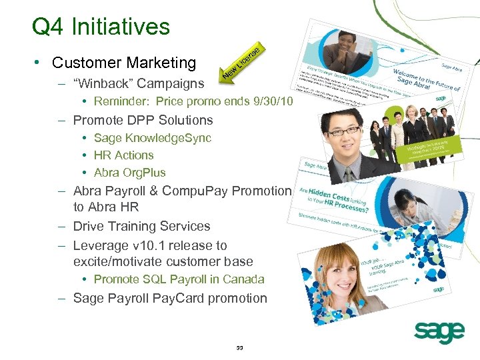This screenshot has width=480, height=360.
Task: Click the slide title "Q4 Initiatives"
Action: [101, 27]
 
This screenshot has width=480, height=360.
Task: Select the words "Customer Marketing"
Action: [124, 63]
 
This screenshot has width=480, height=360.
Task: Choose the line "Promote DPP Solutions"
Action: [143, 121]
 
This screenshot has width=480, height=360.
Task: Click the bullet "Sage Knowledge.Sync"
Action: [152, 138]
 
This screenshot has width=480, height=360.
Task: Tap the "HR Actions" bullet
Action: [123, 155]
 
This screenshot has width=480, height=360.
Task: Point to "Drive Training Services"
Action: [141, 227]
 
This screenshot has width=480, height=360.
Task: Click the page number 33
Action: [240, 348]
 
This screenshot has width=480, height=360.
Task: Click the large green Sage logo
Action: [439, 331]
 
